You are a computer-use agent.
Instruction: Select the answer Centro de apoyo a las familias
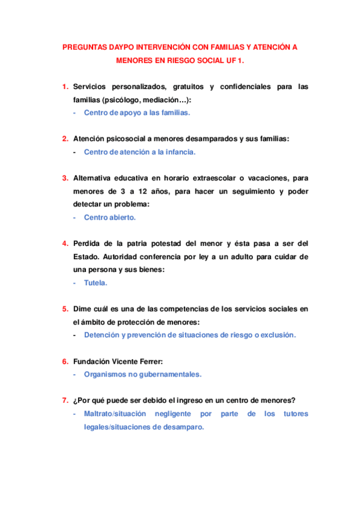[138, 112]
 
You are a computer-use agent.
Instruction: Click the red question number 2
[64, 138]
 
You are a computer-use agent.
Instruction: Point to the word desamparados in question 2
[200, 138]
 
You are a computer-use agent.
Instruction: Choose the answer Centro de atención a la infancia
[139, 152]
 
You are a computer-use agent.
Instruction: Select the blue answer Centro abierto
[110, 217]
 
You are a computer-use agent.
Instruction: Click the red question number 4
[64, 244]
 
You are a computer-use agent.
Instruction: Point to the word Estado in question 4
[89, 257]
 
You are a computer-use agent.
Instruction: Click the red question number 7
[64, 401]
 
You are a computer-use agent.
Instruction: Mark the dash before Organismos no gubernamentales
[75, 374]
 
